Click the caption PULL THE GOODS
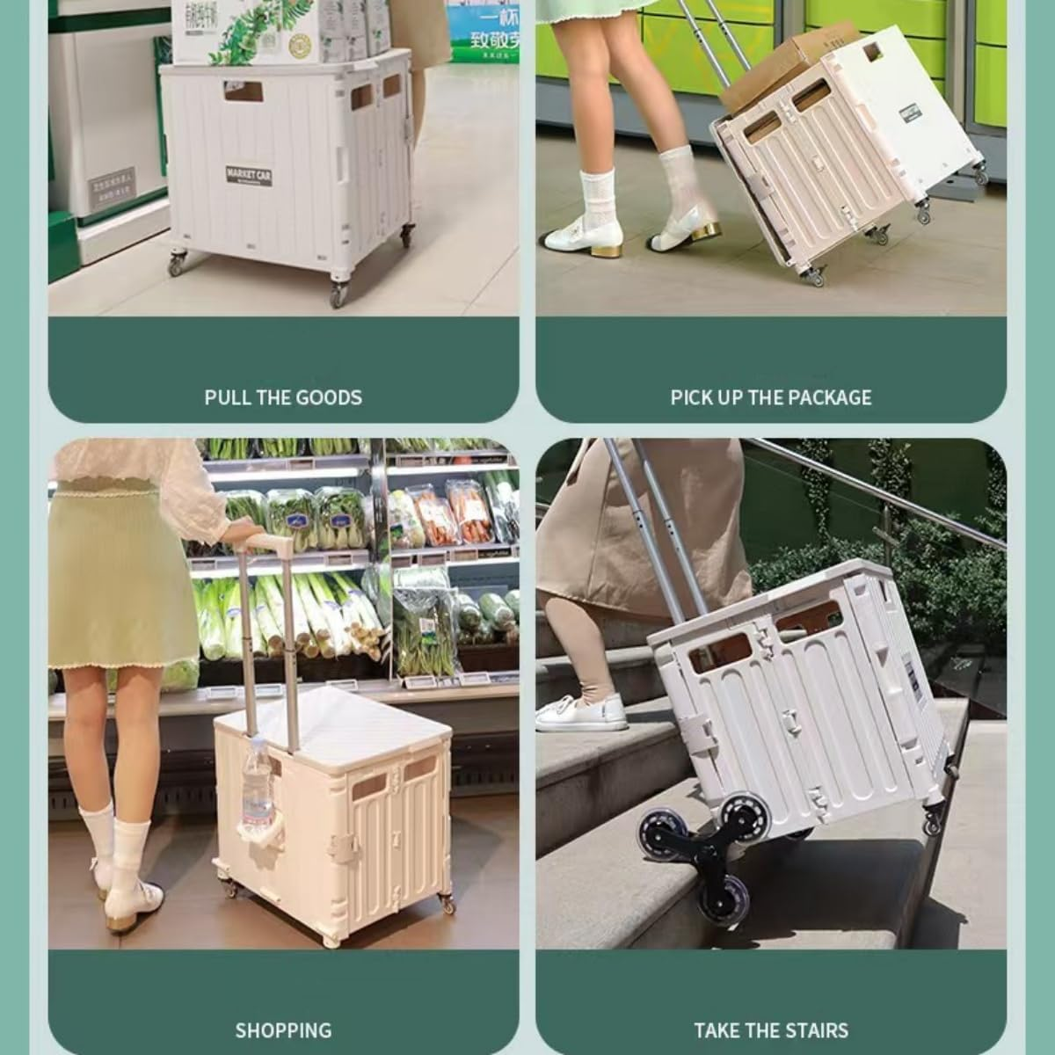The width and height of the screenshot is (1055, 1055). tap(283, 397)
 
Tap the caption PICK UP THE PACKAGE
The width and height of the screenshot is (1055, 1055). tap(771, 397)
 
